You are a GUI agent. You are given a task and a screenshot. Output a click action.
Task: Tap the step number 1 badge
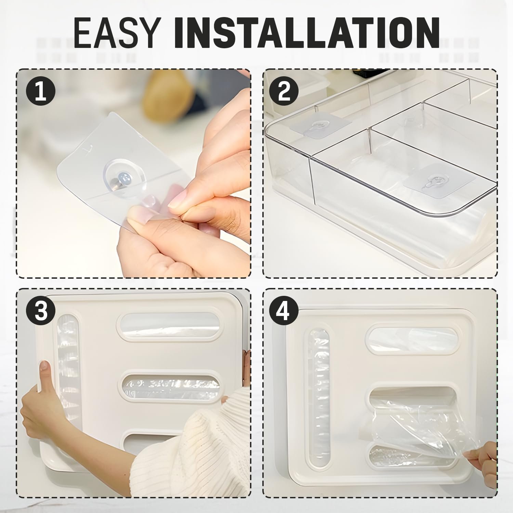click(41, 92)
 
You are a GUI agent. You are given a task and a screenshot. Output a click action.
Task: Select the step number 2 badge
click(284, 92)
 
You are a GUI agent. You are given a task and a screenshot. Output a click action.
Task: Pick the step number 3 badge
click(41, 311)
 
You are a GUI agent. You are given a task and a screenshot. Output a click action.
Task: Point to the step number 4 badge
click(284, 311)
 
